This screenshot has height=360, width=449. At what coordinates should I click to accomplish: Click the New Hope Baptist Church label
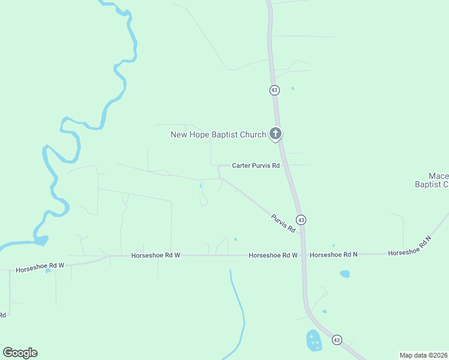(218, 134)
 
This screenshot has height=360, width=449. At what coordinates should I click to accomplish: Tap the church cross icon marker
(276, 133)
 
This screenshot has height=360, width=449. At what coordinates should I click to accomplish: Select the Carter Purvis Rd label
(256, 166)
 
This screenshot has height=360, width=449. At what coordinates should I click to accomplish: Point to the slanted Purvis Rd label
(283, 223)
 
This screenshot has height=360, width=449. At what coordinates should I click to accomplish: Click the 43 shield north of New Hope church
(274, 90)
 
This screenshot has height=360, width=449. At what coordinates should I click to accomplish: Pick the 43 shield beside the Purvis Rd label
(301, 220)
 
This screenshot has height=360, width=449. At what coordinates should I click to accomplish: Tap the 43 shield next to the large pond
(337, 340)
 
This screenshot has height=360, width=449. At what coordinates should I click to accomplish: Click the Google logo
(20, 353)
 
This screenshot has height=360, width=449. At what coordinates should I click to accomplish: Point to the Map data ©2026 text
(423, 355)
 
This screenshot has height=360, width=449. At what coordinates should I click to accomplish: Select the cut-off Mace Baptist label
(432, 180)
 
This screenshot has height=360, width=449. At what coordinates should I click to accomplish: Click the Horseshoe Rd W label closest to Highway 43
(273, 256)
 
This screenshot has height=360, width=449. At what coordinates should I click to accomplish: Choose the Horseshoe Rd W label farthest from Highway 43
(40, 266)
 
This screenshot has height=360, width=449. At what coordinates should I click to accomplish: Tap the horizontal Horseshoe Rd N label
(334, 255)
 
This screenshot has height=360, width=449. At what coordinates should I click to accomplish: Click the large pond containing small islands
(314, 340)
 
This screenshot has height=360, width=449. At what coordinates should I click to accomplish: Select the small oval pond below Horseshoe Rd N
(345, 274)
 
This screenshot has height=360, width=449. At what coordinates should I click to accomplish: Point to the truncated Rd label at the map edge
(3, 314)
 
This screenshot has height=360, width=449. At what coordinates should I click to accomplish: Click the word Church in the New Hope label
(252, 134)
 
